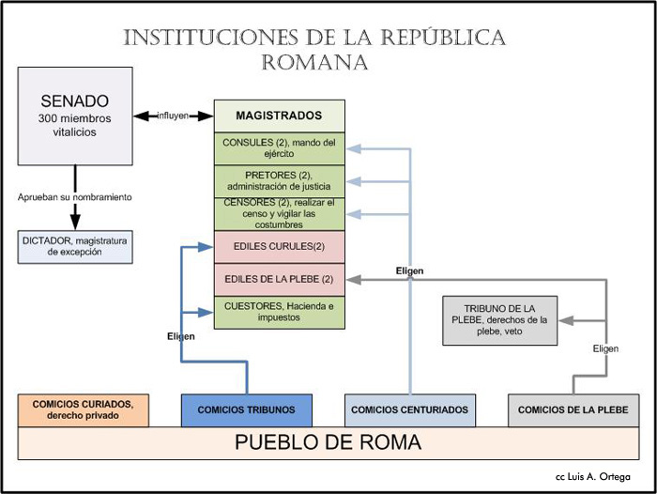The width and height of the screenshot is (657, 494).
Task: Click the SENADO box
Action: click(74, 116)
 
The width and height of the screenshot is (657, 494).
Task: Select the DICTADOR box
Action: click(74, 247)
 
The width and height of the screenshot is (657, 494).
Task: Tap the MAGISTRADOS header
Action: click(279, 116)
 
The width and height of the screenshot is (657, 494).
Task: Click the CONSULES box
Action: click(279, 148)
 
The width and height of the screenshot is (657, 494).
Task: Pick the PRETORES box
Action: click(279, 180)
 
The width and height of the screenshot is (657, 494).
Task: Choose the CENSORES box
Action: click(279, 214)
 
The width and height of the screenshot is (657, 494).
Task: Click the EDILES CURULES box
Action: click(279, 247)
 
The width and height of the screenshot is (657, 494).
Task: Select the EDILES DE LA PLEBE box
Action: click(279, 279)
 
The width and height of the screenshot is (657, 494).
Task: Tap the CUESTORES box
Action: click(279, 312)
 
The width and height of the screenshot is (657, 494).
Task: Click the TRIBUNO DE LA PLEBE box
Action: click(498, 320)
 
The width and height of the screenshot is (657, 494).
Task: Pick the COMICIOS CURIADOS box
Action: click(83, 410)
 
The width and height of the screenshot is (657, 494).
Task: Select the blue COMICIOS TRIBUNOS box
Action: click(247, 410)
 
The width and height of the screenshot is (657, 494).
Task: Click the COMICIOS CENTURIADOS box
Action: click(409, 410)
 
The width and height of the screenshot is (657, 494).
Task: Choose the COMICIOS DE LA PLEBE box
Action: click(573, 410)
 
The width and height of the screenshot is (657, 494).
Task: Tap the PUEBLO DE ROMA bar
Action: click(328, 442)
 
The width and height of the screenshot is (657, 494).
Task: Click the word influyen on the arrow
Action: click(173, 116)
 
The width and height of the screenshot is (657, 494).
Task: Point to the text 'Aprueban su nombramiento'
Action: click(74, 197)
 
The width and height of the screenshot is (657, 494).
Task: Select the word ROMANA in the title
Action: click(314, 63)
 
